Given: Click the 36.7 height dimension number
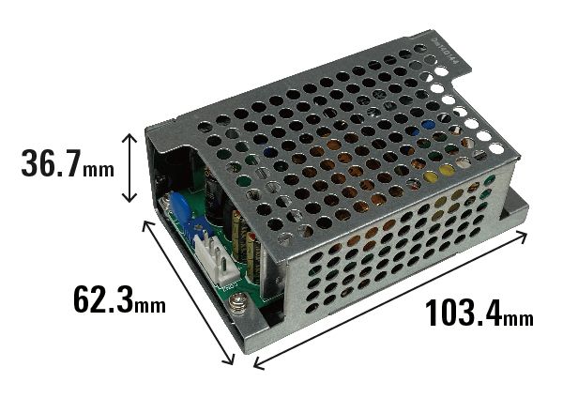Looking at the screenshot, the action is (x=51, y=163).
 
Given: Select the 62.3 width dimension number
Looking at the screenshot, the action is (x=103, y=298).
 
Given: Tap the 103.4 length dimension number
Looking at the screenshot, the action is (x=464, y=314).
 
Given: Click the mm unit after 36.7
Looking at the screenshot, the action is (x=98, y=170).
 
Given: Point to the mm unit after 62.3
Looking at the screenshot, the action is (x=150, y=305).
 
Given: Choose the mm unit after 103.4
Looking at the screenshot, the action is (x=517, y=319).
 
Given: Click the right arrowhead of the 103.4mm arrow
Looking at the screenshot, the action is (x=523, y=236).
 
